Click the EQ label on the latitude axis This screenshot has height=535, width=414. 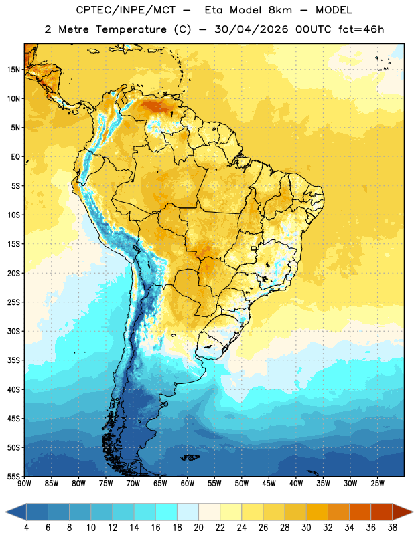pyautogui.click(x=15, y=157)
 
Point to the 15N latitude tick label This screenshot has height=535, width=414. pyautogui.click(x=13, y=70)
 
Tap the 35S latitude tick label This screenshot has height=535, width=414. pyautogui.click(x=13, y=360)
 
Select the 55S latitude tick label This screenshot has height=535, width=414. pyautogui.click(x=13, y=477)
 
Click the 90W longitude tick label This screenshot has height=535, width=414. pyautogui.click(x=24, y=484)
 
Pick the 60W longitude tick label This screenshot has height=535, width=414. pyautogui.click(x=188, y=484)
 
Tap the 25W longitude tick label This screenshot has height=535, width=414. pyautogui.click(x=377, y=484)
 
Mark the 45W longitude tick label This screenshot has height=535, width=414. pyautogui.click(x=269, y=484)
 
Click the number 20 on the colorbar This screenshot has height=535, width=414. pyautogui.click(x=198, y=528)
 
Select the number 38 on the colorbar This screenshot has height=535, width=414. pyautogui.click(x=393, y=528)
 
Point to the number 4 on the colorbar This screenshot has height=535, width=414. pyautogui.click(x=26, y=528)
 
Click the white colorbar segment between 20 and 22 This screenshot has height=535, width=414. pyautogui.click(x=209, y=512)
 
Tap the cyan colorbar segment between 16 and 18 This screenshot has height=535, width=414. pyautogui.click(x=166, y=512)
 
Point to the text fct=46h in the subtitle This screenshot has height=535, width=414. pyautogui.click(x=361, y=29)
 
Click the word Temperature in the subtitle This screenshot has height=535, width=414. pyautogui.click(x=131, y=29)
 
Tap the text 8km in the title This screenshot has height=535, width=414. pyautogui.click(x=280, y=10)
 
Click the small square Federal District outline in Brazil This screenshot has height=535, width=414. pyautogui.click(x=254, y=248)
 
